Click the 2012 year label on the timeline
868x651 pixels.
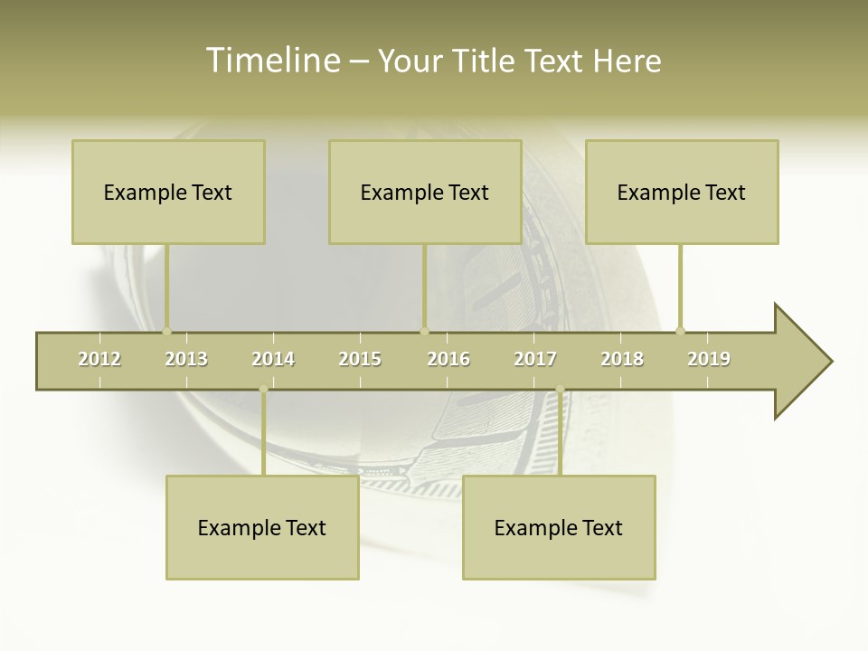click(x=99, y=359)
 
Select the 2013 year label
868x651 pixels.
click(x=186, y=359)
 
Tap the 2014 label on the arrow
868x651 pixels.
click(x=273, y=359)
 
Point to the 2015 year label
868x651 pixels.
click(x=360, y=359)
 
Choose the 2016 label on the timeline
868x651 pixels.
click(x=448, y=359)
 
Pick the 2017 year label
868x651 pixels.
click(x=535, y=359)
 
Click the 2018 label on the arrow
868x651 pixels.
click(x=622, y=359)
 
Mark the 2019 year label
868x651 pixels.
click(x=709, y=359)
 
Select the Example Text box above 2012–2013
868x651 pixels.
click(x=168, y=192)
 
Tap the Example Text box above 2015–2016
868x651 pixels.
click(x=425, y=192)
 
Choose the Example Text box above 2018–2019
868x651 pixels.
click(x=682, y=192)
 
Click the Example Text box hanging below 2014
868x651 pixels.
click(x=262, y=527)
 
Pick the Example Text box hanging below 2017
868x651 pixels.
click(x=559, y=527)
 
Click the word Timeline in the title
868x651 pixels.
click(x=272, y=61)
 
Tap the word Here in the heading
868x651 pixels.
click(x=627, y=61)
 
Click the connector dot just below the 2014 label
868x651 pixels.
click(x=263, y=390)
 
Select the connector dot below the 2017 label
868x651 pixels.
click(x=560, y=390)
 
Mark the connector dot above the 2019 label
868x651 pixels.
click(x=681, y=331)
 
